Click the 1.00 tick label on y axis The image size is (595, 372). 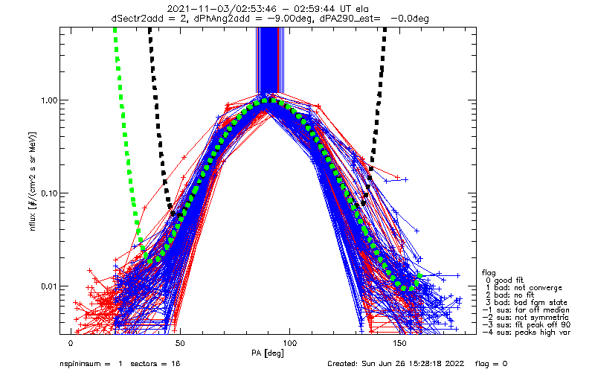tap(48, 100)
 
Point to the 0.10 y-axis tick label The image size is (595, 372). tap(48, 193)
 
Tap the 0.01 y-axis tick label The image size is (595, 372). tap(48, 286)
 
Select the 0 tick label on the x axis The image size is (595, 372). tap(71, 344)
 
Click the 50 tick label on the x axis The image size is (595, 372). tap(180, 344)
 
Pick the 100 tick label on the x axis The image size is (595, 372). tap(290, 344)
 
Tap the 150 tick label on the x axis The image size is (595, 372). tap(399, 344)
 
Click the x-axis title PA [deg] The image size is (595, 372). tap(268, 354)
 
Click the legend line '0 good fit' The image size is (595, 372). tap(504, 280)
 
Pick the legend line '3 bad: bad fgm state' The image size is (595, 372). tap(527, 303)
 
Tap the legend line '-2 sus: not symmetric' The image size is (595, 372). tap(526, 318)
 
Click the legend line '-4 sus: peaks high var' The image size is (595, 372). tap(527, 332)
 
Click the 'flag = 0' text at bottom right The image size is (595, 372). tap(491, 364)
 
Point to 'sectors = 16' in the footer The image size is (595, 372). tap(155, 364)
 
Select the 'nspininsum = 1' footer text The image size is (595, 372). tap(91, 364)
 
